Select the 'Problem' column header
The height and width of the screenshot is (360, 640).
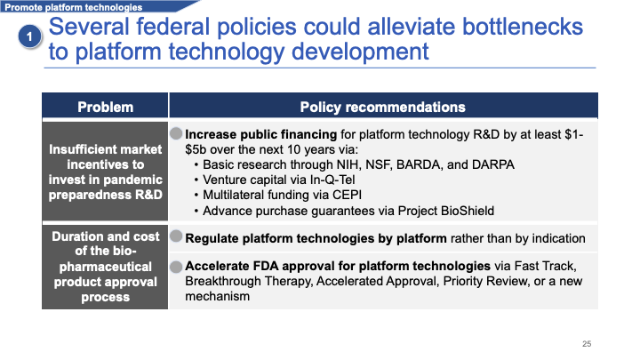105,107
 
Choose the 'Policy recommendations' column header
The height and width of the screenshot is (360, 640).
382,107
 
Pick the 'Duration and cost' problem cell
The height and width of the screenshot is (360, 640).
105,267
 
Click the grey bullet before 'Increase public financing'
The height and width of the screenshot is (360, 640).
176,133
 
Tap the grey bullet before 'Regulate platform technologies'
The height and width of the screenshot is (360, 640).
176,236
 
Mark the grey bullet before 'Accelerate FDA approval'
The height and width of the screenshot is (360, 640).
176,265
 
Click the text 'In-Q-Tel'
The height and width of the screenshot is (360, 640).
328,180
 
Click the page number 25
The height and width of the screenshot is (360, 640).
587,344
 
